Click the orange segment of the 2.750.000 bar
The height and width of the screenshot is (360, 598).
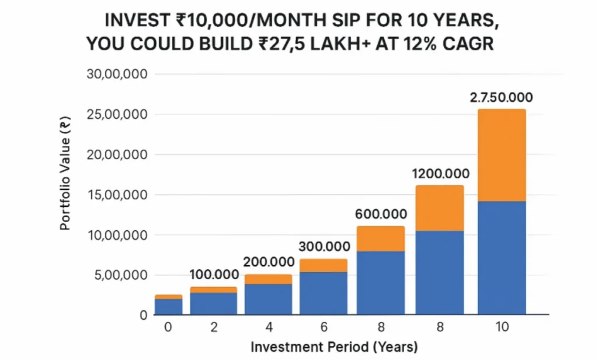pyautogui.click(x=502, y=155)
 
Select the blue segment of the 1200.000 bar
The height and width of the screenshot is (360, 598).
pyautogui.click(x=440, y=272)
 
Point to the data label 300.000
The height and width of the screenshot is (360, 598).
pyautogui.click(x=324, y=247)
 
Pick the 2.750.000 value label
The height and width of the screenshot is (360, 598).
pyautogui.click(x=501, y=98)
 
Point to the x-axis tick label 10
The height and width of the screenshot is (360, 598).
pyautogui.click(x=502, y=327)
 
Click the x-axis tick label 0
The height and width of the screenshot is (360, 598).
pyautogui.click(x=168, y=327)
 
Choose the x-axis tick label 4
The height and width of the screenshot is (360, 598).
pyautogui.click(x=268, y=327)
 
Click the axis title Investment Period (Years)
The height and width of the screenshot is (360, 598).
pyautogui.click(x=334, y=347)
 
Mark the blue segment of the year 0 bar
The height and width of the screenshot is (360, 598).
pyautogui.click(x=168, y=307)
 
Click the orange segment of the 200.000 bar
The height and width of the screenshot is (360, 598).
pyautogui.click(x=268, y=279)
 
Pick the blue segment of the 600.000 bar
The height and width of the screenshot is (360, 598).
pyautogui.click(x=381, y=283)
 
